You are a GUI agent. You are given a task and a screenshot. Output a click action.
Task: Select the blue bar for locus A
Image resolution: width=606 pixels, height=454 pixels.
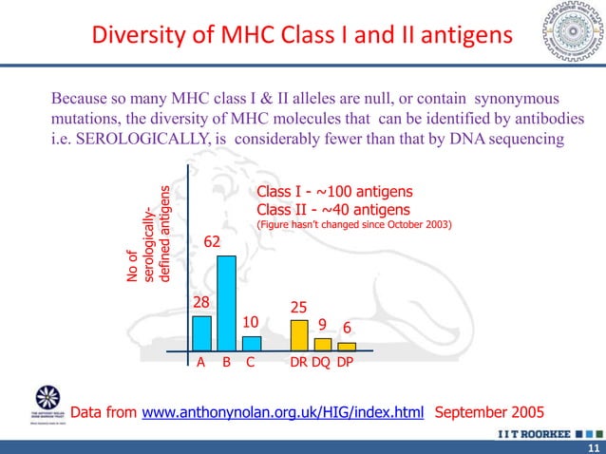click(x=202, y=333)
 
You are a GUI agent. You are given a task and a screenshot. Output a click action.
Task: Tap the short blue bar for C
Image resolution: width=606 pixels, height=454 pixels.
click(x=251, y=344)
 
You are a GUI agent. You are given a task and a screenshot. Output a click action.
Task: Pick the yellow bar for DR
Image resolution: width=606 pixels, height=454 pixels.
click(x=299, y=335)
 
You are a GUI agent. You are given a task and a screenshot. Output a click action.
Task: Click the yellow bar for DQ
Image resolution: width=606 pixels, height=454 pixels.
click(x=323, y=345)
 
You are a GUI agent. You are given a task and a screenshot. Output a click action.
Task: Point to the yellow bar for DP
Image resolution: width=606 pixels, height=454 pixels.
click(x=347, y=347)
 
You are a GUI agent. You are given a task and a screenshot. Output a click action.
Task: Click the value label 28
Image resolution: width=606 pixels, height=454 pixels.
click(x=201, y=302)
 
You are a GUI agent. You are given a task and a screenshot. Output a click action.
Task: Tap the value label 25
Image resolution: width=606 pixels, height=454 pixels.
click(x=298, y=308)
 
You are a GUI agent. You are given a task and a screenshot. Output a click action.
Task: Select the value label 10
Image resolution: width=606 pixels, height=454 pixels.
click(x=252, y=322)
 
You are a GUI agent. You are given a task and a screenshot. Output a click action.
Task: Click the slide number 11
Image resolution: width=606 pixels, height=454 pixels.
click(x=593, y=447)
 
